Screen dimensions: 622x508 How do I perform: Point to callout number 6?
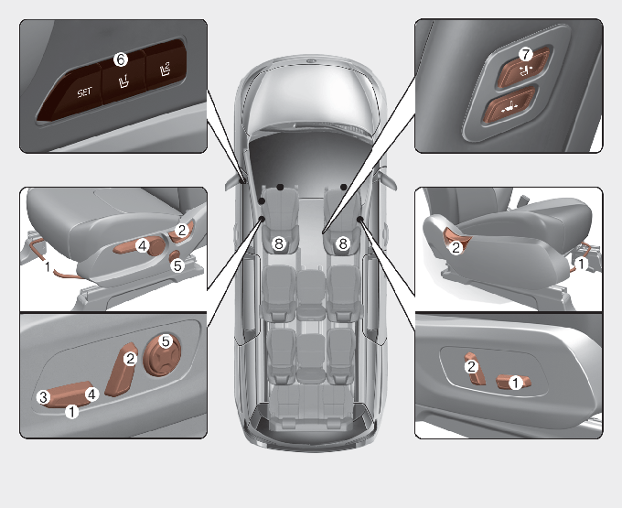[x=121, y=59]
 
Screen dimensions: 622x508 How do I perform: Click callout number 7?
[x=526, y=54]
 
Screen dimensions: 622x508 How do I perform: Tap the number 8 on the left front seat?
[x=279, y=243]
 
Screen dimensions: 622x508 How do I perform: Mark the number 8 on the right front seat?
[x=343, y=243]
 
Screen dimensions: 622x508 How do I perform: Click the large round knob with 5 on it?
[x=162, y=355]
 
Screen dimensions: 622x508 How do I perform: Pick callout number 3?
[x=43, y=397]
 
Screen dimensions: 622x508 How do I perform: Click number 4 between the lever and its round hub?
[x=143, y=245]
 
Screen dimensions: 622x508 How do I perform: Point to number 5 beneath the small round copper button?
[x=177, y=265]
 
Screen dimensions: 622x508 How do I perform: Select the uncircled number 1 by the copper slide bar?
[x=48, y=266]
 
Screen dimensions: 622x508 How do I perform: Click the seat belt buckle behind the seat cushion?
[x=523, y=197]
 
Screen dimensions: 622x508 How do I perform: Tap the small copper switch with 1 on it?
[x=514, y=382]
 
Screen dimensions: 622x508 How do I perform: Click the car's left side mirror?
[x=234, y=182]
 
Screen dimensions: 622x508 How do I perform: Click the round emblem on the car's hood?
[x=311, y=61]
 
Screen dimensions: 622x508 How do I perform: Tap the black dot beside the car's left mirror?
[x=242, y=181]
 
